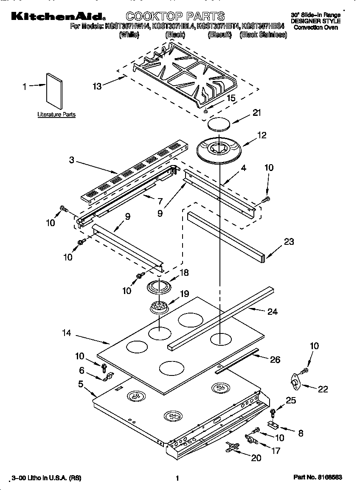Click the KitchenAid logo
click(58, 16)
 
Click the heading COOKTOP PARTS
click(175, 16)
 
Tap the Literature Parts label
click(56, 115)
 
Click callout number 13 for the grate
click(97, 86)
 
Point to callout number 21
click(256, 113)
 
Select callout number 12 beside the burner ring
click(262, 135)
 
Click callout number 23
click(289, 242)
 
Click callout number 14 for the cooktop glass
click(67, 333)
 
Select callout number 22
click(323, 389)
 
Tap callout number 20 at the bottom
click(256, 458)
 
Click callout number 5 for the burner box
click(81, 384)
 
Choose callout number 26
click(275, 359)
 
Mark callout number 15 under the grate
click(231, 98)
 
